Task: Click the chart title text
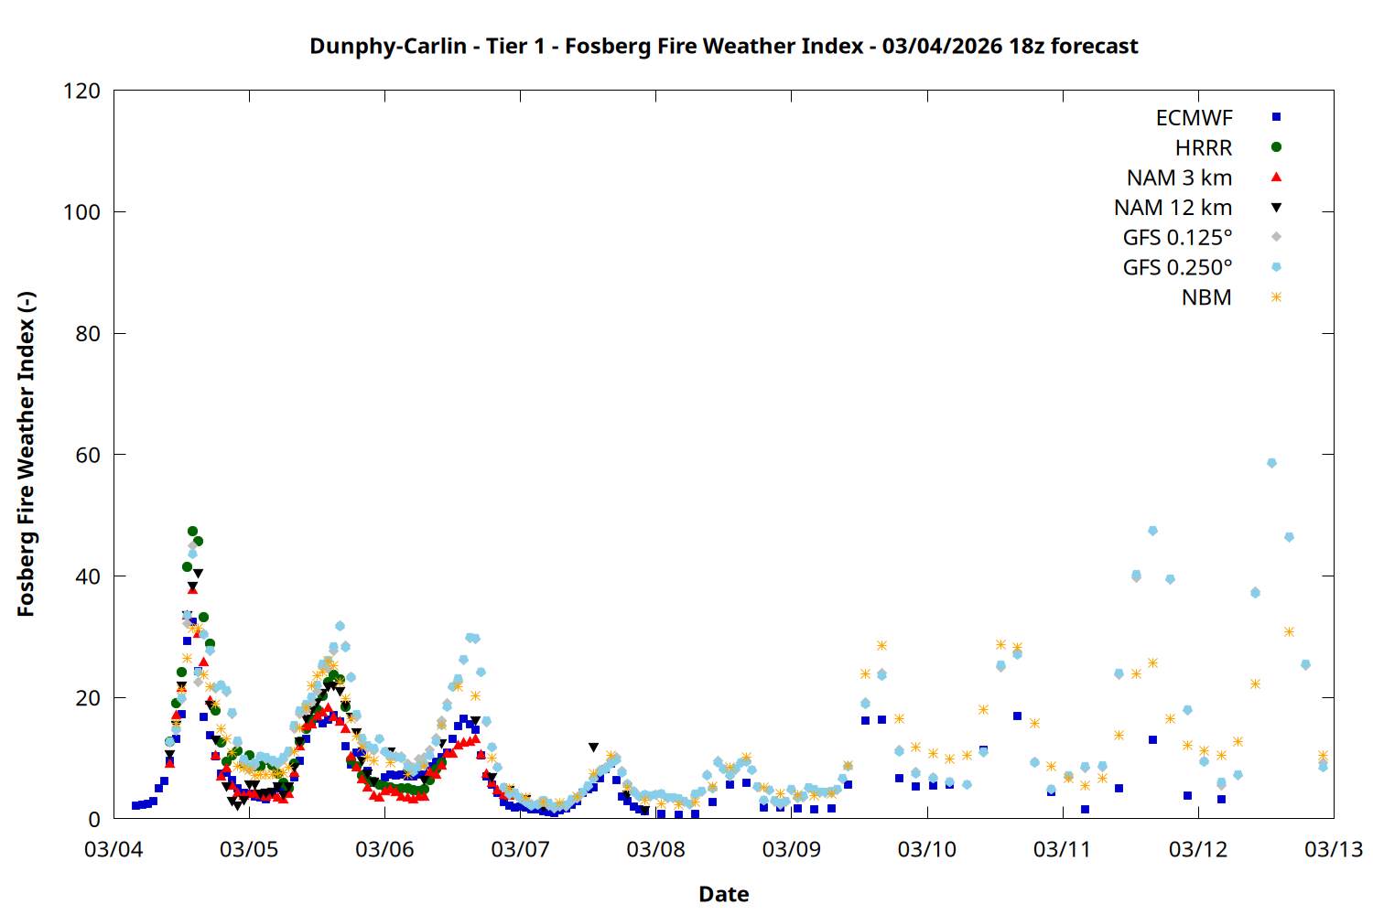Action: coord(723,46)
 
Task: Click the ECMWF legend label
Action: coord(1194,117)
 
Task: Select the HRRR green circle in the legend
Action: coord(1276,146)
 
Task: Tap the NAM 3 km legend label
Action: coord(1179,178)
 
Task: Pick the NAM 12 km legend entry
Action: coord(1173,208)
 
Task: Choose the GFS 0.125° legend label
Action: coord(1177,238)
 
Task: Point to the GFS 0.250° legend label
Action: coord(1177,267)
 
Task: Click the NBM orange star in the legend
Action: coord(1276,297)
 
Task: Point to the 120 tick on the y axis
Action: coord(82,91)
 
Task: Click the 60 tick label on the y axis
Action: coord(88,455)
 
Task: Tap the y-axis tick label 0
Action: coord(94,819)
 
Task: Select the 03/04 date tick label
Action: coord(114,849)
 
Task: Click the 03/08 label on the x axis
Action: coord(655,849)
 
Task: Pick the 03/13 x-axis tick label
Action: coord(1333,849)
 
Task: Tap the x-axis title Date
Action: coord(723,894)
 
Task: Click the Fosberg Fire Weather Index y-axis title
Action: coord(26,455)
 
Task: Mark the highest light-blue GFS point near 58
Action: coord(1271,463)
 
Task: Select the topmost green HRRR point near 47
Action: coord(192,531)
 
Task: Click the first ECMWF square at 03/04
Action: coord(135,805)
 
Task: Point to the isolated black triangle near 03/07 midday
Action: coord(593,748)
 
